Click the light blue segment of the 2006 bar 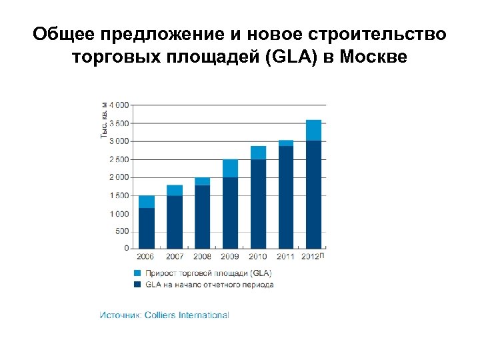(x=147, y=201)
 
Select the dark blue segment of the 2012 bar (x=313, y=194)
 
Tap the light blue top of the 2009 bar (x=230, y=168)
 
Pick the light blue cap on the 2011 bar (x=286, y=143)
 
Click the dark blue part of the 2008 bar (x=202, y=216)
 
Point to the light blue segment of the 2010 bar (x=258, y=153)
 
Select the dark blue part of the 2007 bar (x=175, y=221)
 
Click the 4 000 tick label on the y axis (x=119, y=105)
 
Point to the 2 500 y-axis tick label (x=119, y=160)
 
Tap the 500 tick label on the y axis (x=123, y=231)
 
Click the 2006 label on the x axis (x=147, y=257)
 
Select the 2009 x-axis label (x=230, y=257)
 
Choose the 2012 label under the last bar (x=311, y=257)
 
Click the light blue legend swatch (x=137, y=273)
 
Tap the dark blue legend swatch (x=137, y=285)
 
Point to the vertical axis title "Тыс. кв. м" (x=104, y=120)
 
